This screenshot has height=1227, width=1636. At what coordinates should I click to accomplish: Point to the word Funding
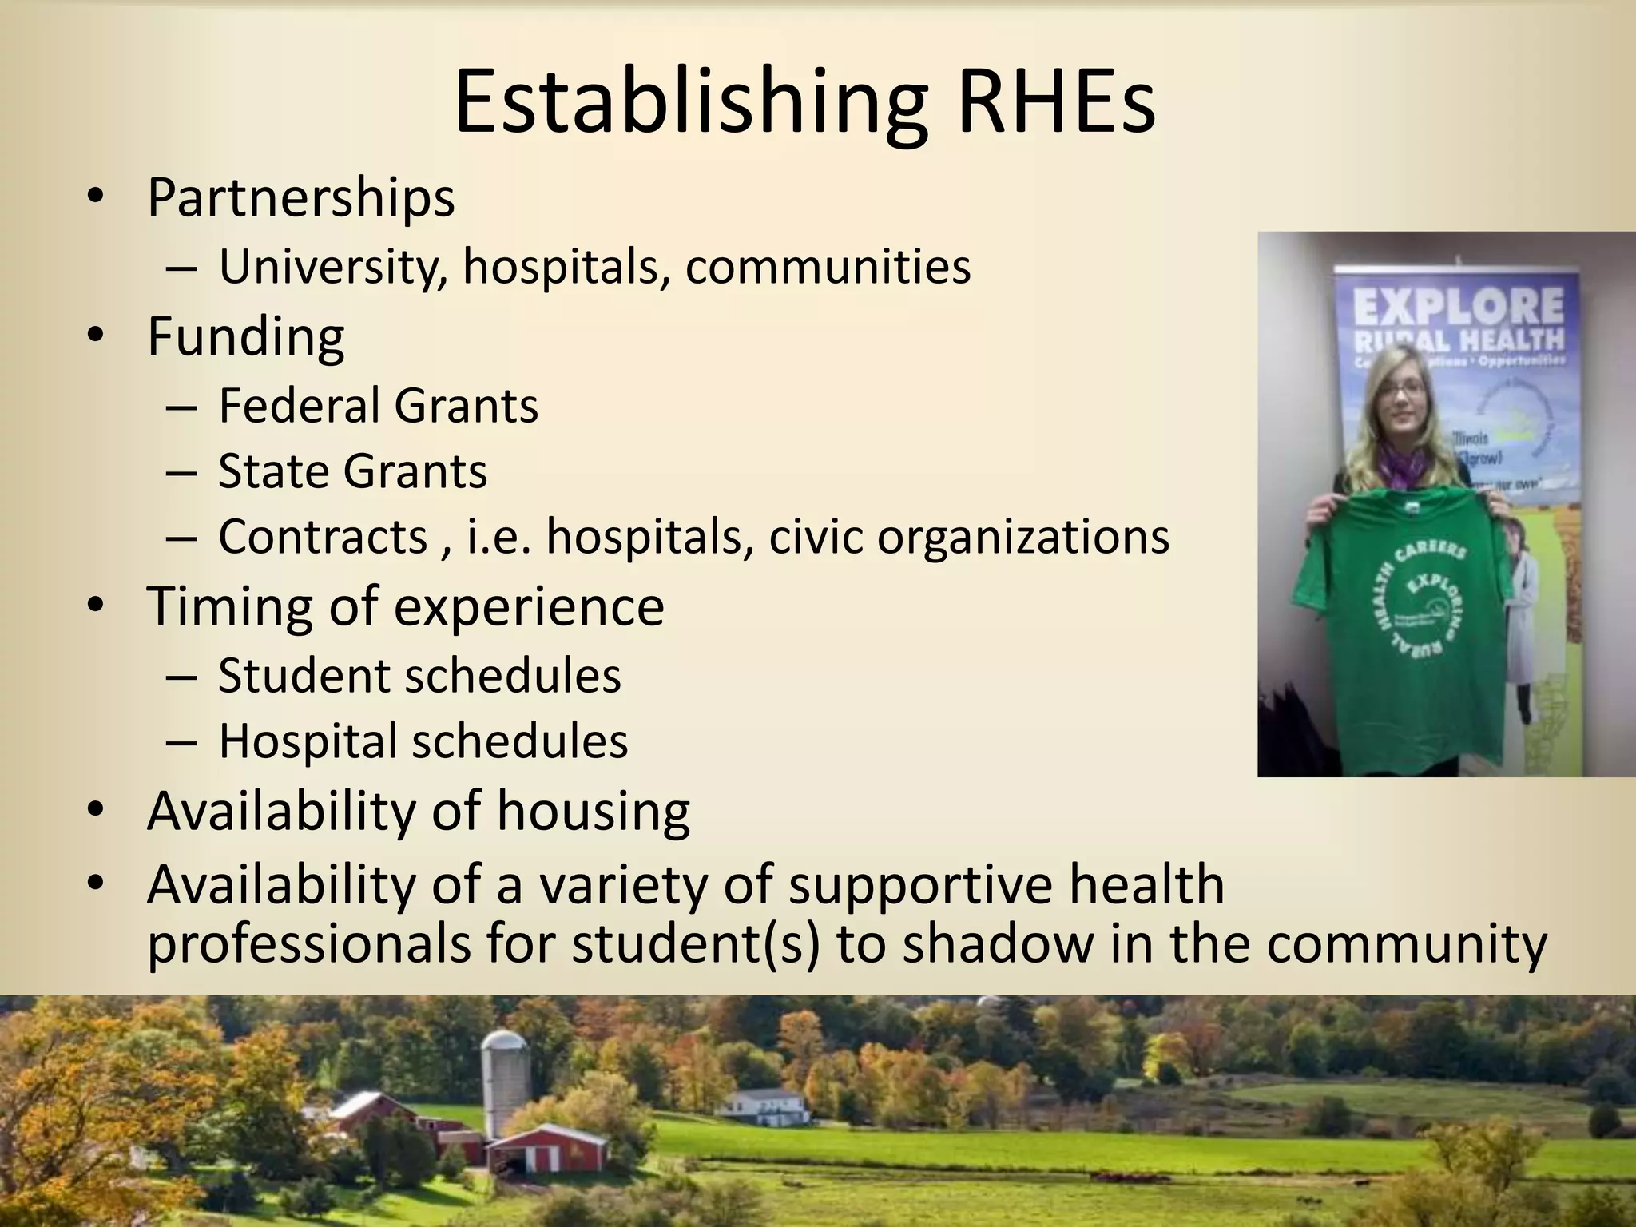[245, 336]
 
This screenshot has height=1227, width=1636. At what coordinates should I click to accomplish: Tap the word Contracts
[323, 536]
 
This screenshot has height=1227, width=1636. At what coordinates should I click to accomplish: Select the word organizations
[1023, 538]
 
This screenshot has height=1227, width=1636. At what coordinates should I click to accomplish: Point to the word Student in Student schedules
[304, 676]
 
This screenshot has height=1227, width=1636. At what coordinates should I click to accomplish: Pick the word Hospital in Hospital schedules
[308, 742]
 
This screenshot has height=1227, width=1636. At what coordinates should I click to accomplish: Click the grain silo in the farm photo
[506, 1078]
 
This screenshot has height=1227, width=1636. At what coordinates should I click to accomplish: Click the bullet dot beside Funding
[97, 336]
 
